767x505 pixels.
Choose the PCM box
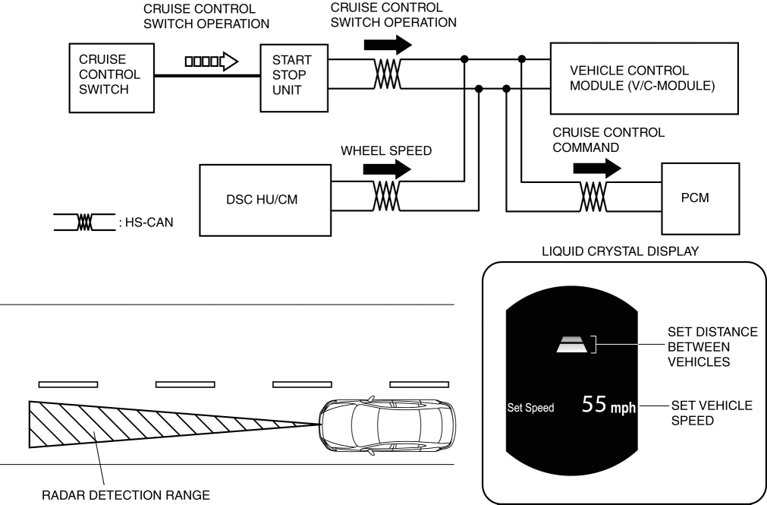699,197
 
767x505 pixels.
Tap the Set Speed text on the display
531,408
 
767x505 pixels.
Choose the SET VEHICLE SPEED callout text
709,413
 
